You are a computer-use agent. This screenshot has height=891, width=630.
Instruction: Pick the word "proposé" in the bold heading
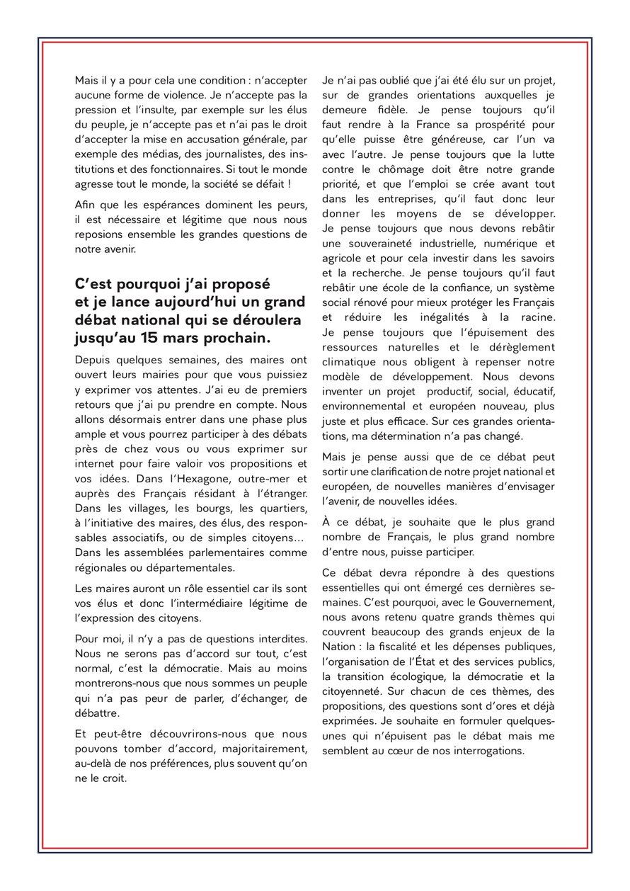[239, 284]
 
